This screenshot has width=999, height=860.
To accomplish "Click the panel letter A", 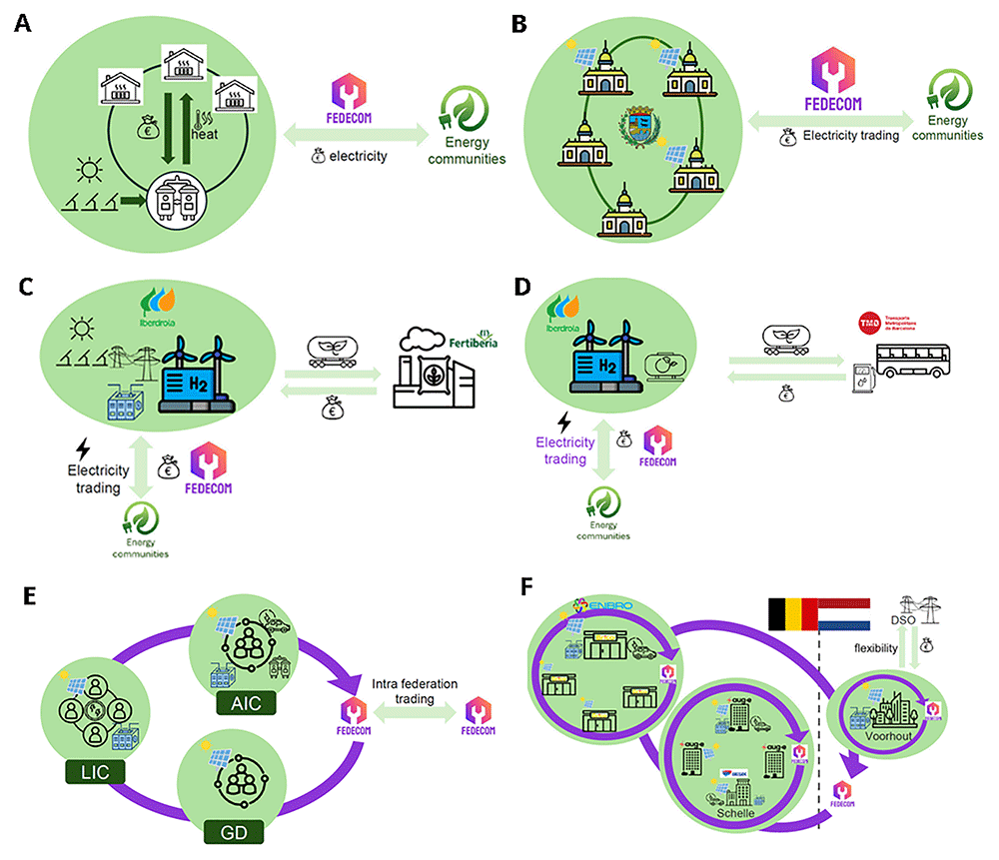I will point(22,23).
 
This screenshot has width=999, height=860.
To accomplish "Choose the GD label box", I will point(232,831).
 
